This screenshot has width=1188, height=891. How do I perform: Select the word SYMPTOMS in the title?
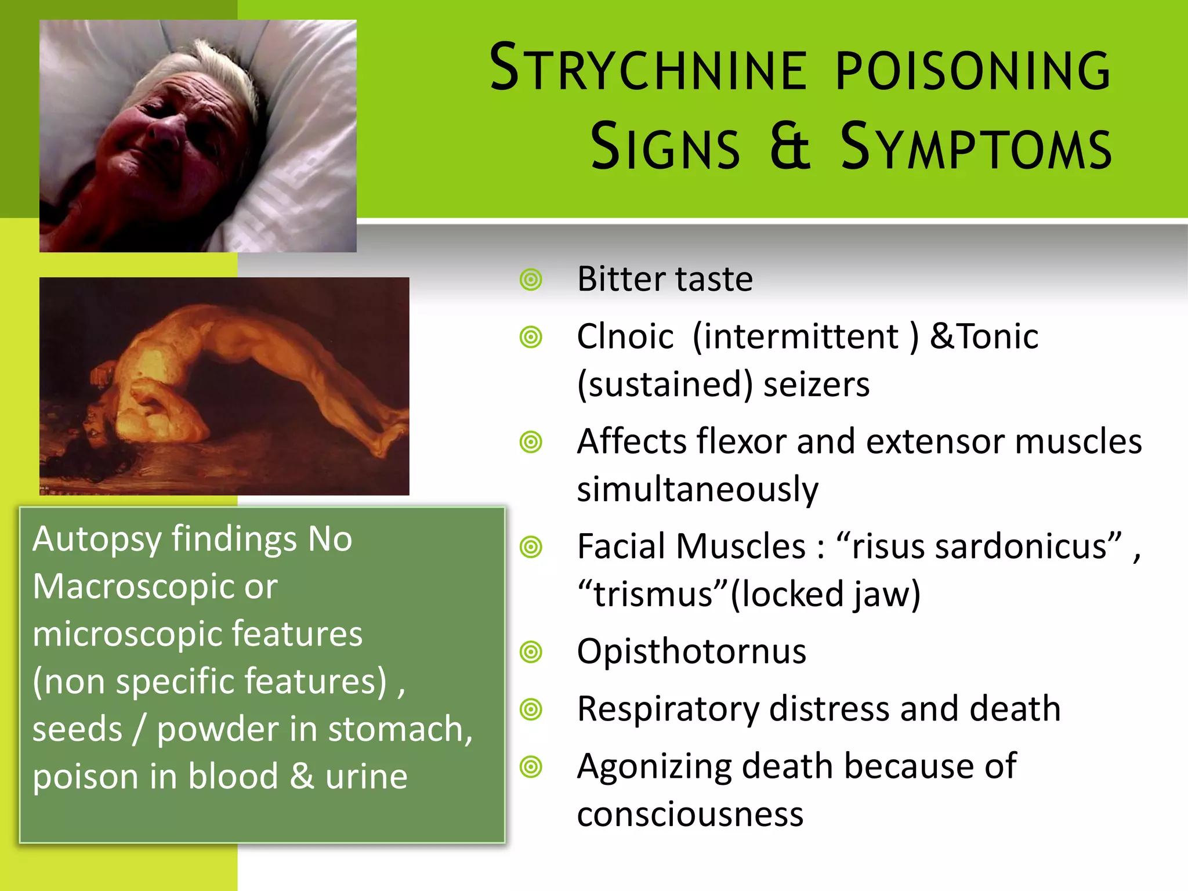pyautogui.click(x=976, y=147)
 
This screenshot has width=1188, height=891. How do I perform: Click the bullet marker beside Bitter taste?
pyautogui.click(x=531, y=280)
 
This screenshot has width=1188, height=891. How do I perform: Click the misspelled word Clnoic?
pyautogui.click(x=625, y=336)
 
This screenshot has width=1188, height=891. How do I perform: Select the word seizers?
pyautogui.click(x=816, y=385)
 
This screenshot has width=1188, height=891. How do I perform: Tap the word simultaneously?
pyautogui.click(x=697, y=489)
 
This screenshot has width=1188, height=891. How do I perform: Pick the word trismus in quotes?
pyautogui.click(x=653, y=595)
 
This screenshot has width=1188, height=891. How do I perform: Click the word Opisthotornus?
pyautogui.click(x=691, y=651)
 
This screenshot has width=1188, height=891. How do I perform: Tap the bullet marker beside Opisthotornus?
pyautogui.click(x=531, y=652)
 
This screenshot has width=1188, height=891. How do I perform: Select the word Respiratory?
pyautogui.click(x=668, y=709)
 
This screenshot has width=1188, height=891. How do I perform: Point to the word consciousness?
pyautogui.click(x=690, y=814)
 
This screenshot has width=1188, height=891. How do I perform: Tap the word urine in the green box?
pyautogui.click(x=366, y=777)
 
